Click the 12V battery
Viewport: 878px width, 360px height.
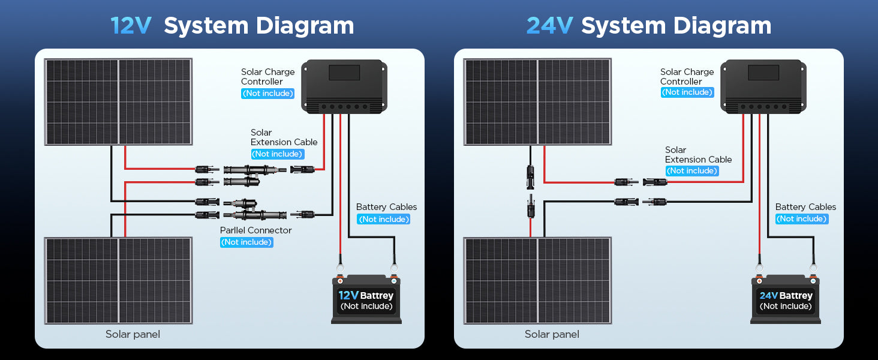366,299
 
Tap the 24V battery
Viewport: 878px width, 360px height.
786,299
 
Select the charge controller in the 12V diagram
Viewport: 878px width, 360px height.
344,86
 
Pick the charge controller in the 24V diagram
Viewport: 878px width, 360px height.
763,86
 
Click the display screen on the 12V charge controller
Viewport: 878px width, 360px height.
344,73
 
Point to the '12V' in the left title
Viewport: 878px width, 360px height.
131,26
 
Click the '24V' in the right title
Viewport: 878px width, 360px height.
549,26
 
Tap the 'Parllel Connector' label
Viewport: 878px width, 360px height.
255,230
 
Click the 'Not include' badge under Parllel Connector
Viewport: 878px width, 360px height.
246,242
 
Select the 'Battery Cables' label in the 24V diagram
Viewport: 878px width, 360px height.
805,206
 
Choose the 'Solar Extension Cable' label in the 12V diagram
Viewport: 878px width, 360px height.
284,137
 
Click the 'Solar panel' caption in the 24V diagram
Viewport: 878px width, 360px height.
552,334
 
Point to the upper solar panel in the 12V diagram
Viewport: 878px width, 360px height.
118,102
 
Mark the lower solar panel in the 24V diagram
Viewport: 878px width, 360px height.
537,281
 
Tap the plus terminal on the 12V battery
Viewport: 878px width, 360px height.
340,281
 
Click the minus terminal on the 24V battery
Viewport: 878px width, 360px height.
813,281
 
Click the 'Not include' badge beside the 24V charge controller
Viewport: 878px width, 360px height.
687,92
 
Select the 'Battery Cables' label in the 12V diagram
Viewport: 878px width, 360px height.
386,206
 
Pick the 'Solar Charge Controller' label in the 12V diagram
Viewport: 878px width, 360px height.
267,76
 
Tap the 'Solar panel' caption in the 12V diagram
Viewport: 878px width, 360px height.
133,334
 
